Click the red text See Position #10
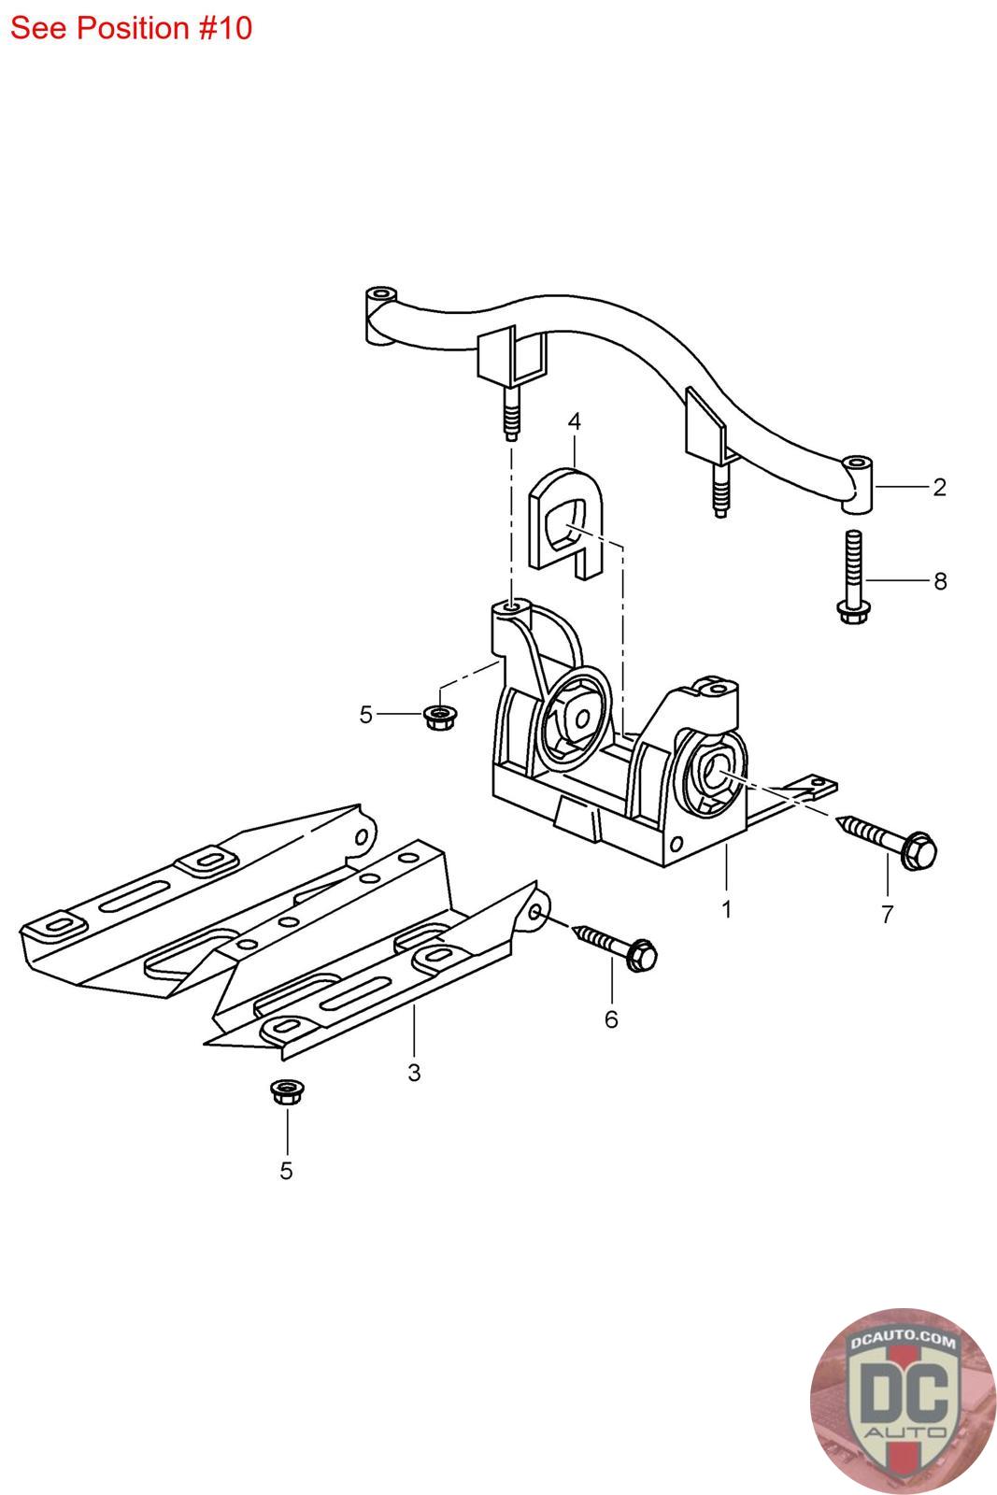[x=131, y=28]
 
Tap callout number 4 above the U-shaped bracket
[x=574, y=421]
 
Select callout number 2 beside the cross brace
[x=938, y=487]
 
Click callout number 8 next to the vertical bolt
[x=939, y=581]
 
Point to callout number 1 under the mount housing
[x=726, y=907]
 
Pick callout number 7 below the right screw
[x=887, y=914]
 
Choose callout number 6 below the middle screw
[x=611, y=1018]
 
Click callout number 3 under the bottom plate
[x=414, y=1073]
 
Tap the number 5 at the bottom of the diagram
[x=286, y=1170]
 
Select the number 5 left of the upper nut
[x=365, y=715]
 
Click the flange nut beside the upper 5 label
[x=435, y=717]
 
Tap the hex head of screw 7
[x=919, y=849]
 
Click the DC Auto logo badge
[x=904, y=1401]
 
